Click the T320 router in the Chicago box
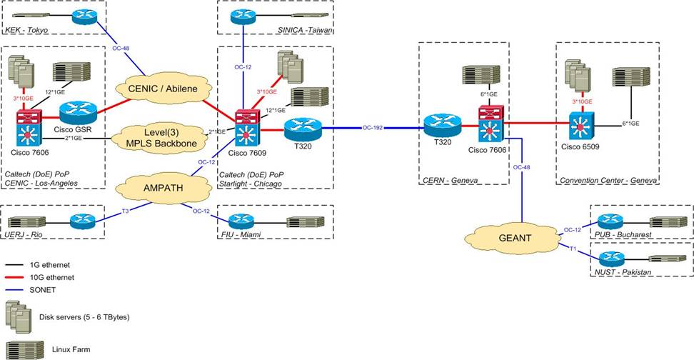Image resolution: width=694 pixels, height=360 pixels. [x=303, y=129]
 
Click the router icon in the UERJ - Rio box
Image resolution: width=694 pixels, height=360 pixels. [x=81, y=221]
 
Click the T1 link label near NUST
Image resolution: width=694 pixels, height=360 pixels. [x=573, y=248]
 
